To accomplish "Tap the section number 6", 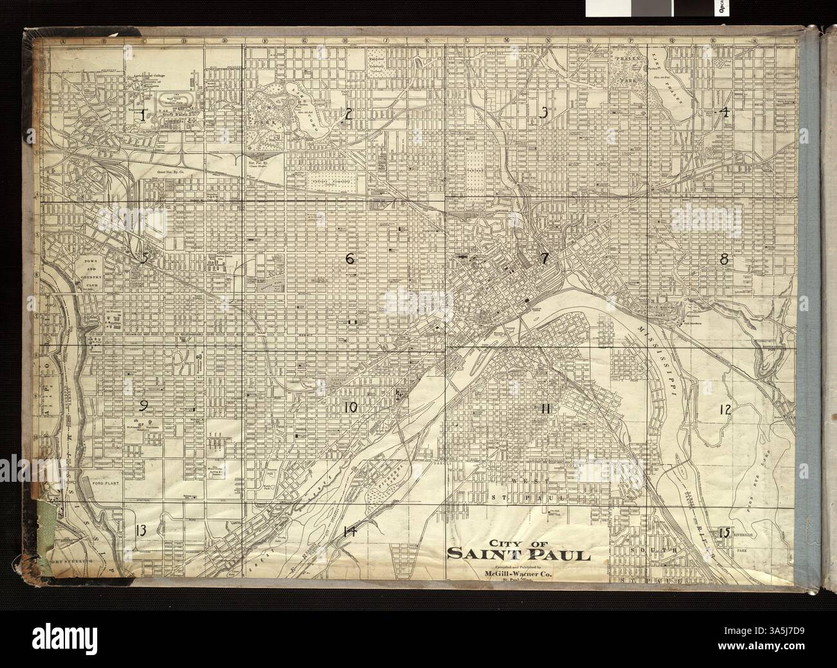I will coord(350,259).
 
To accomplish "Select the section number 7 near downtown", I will coord(544,259).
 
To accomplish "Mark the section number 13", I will coord(141,531).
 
